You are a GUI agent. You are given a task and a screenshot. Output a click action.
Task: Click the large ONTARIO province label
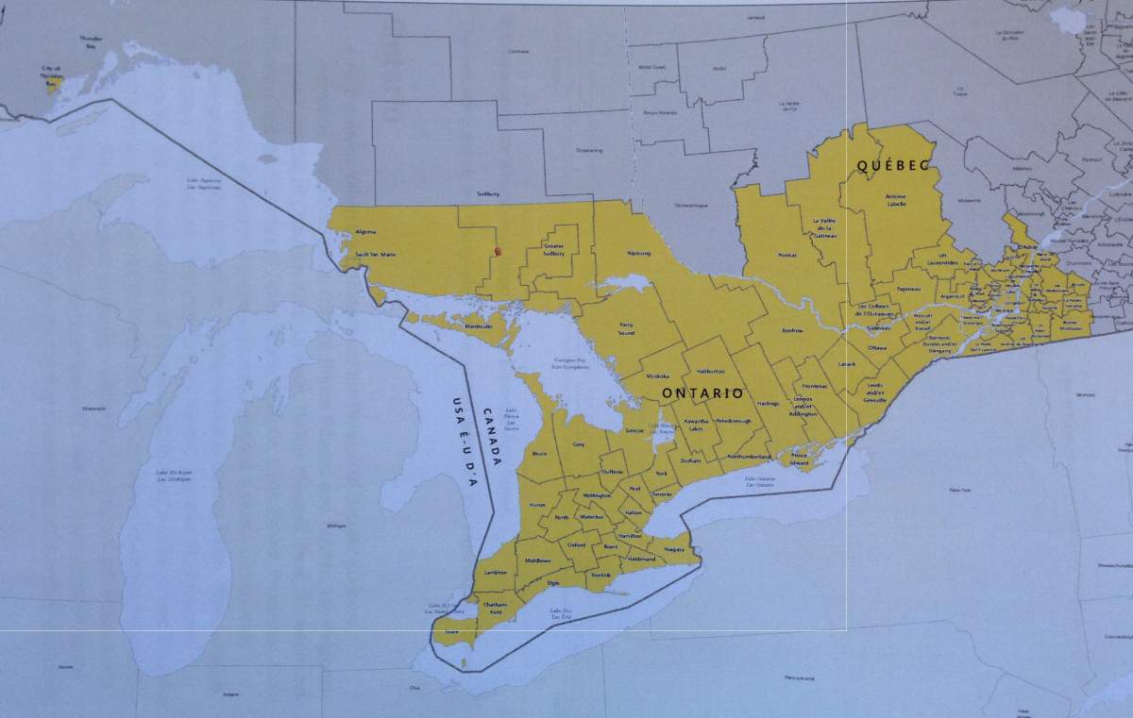pos(702,392)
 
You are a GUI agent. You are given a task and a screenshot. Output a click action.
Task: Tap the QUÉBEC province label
pos(893,165)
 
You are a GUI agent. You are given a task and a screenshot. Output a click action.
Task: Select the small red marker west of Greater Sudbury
pos(498,252)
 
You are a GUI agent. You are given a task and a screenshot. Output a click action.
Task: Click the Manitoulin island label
pos(480,326)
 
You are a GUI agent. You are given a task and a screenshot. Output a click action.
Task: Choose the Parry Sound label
pos(625,329)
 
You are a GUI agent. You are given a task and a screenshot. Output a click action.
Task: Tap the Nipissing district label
pos(639,253)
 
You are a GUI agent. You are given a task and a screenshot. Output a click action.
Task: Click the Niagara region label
pos(673,549)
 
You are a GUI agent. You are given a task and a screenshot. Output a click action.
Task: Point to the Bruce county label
pos(540,454)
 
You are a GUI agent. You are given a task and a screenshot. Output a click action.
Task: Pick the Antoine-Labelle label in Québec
pos(896,200)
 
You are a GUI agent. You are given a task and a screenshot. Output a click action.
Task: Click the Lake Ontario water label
pos(761,481)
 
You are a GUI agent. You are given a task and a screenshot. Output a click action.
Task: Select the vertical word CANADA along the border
pos(492,437)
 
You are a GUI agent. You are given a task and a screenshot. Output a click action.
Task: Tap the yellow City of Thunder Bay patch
pos(55,85)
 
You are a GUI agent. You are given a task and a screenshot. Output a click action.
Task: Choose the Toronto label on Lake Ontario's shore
pos(662,493)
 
